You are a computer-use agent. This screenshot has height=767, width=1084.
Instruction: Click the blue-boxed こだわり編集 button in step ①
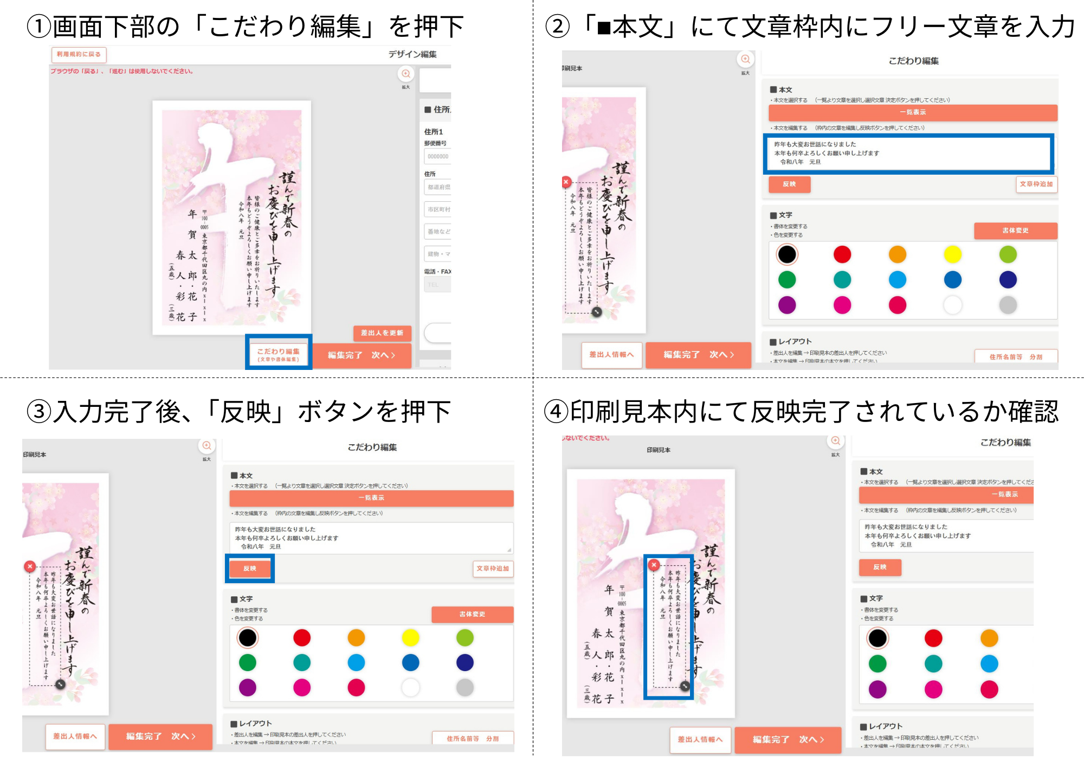pyautogui.click(x=278, y=354)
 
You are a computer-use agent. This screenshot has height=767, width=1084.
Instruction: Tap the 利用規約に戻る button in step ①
pyautogui.click(x=79, y=54)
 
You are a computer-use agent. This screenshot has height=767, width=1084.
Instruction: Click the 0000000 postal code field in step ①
pyautogui.click(x=438, y=156)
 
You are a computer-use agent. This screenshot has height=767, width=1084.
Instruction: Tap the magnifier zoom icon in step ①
pyautogui.click(x=405, y=74)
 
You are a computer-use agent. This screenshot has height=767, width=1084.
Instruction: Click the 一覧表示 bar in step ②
pyautogui.click(x=913, y=112)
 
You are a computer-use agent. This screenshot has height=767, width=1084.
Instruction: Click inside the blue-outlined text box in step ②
pyautogui.click(x=908, y=154)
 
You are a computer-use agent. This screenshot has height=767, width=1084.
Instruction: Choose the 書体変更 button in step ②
pyautogui.click(x=1015, y=231)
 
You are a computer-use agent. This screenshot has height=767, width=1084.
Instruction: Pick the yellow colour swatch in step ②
pyautogui.click(x=952, y=254)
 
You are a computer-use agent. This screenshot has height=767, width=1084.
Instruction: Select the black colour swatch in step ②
pyautogui.click(x=787, y=254)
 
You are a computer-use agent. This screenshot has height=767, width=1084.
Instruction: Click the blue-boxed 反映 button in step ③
pyautogui.click(x=250, y=568)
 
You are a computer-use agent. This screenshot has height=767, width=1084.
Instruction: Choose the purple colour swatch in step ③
pyautogui.click(x=247, y=688)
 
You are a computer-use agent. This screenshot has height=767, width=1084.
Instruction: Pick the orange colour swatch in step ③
pyautogui.click(x=356, y=638)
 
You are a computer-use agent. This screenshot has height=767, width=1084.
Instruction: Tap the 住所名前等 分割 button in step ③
pyautogui.click(x=473, y=738)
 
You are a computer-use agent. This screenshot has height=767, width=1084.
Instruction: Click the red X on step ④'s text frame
pyautogui.click(x=654, y=565)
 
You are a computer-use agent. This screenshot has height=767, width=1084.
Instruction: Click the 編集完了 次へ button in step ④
pyautogui.click(x=788, y=739)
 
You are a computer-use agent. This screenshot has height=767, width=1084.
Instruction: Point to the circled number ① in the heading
pyautogui.click(x=39, y=27)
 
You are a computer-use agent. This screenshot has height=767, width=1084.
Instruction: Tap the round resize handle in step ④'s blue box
pyautogui.click(x=685, y=686)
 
